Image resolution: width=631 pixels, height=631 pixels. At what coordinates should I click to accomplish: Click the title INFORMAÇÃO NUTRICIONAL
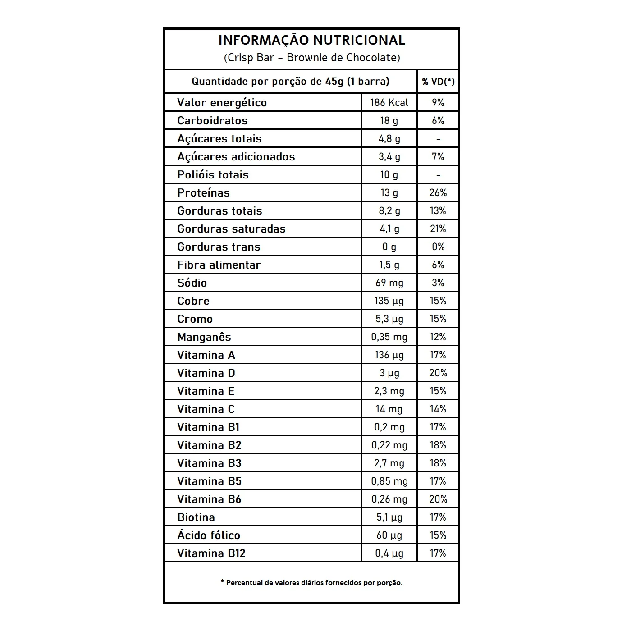(x=311, y=40)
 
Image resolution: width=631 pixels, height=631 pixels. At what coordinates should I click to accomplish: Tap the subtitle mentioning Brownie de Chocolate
(x=311, y=58)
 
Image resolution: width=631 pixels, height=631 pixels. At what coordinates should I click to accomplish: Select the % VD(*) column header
(x=438, y=82)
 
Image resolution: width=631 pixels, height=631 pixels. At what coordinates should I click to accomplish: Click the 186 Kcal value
(x=389, y=102)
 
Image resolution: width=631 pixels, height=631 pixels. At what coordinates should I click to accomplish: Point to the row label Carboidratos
(x=212, y=120)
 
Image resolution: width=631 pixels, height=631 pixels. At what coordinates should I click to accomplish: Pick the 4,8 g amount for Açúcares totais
(x=389, y=138)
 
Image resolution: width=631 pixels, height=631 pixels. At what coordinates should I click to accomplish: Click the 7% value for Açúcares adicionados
(x=438, y=156)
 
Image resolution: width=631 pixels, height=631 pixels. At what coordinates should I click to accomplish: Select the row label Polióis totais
(x=213, y=174)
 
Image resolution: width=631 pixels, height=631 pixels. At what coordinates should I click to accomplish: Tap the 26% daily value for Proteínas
(x=438, y=192)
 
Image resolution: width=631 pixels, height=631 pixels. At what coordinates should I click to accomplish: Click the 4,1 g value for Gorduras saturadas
(x=389, y=229)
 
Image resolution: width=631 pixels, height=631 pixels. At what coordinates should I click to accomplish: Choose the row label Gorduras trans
(x=219, y=247)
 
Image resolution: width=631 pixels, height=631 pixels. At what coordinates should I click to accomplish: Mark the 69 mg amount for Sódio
(x=389, y=283)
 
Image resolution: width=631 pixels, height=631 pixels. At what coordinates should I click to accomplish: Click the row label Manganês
(x=204, y=337)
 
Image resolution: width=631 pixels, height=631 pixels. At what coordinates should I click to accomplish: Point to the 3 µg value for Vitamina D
(x=389, y=373)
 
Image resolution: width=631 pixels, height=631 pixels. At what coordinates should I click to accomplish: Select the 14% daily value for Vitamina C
(x=438, y=409)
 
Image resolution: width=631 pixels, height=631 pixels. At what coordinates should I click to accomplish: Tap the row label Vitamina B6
(x=209, y=499)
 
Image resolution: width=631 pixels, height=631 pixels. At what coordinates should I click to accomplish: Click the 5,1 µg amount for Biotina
(x=389, y=517)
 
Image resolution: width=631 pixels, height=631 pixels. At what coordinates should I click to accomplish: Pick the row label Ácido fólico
(x=209, y=535)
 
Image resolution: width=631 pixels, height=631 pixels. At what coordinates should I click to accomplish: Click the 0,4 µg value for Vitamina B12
(x=389, y=553)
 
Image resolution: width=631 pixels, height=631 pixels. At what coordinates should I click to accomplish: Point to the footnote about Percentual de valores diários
(x=311, y=582)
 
